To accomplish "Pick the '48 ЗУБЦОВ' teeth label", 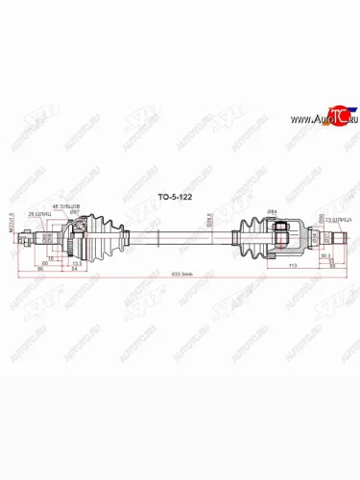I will pyautogui.click(x=80, y=203).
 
